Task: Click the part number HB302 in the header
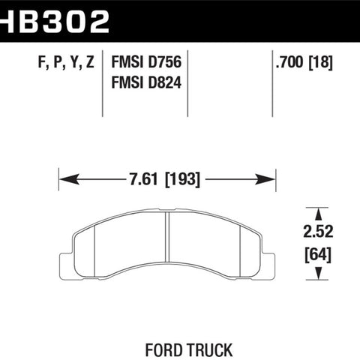pos(55,22)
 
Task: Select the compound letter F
pos(41,61)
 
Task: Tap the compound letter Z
pos(90,61)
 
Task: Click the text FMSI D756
pos(146,62)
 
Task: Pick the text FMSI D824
pos(146,82)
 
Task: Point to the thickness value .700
pos(289,62)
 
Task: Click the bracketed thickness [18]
pos(321,62)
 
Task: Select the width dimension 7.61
pos(143,179)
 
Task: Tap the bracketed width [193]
pos(182,179)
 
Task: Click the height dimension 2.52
pos(318,232)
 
